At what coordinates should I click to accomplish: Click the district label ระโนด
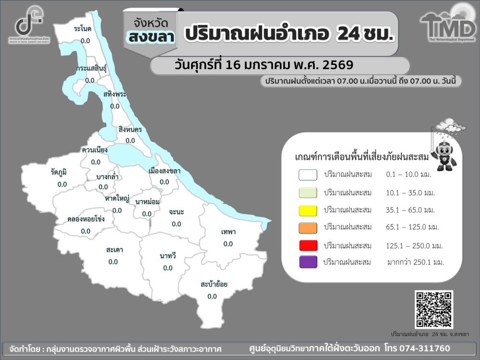click(x=83, y=29)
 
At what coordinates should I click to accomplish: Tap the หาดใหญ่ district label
click(x=116, y=198)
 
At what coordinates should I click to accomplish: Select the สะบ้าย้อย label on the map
click(x=214, y=284)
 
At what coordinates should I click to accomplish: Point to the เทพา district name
click(x=228, y=232)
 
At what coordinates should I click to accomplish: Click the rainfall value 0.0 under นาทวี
click(x=168, y=268)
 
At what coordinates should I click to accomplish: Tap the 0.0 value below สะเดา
click(x=113, y=262)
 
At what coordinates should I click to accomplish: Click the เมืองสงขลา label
click(x=165, y=170)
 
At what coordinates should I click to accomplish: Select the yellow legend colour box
click(x=308, y=210)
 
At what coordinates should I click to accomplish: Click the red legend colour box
click(x=308, y=246)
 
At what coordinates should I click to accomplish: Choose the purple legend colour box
click(x=308, y=262)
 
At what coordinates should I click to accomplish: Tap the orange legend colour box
click(x=308, y=228)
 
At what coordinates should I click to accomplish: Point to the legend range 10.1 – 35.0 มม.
click(x=410, y=193)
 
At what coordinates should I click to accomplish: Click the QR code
click(x=434, y=309)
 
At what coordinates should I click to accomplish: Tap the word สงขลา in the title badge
click(x=150, y=36)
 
